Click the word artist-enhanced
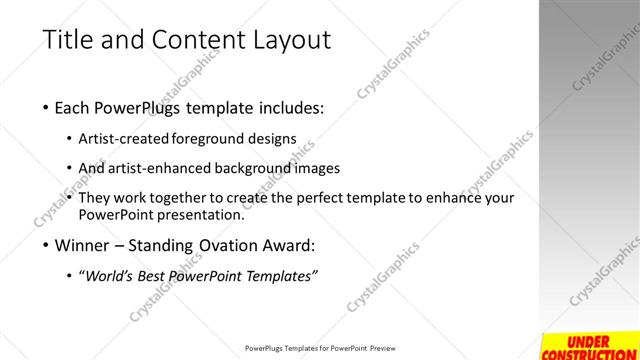(x=158, y=168)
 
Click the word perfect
(x=331, y=198)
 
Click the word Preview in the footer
(x=384, y=349)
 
